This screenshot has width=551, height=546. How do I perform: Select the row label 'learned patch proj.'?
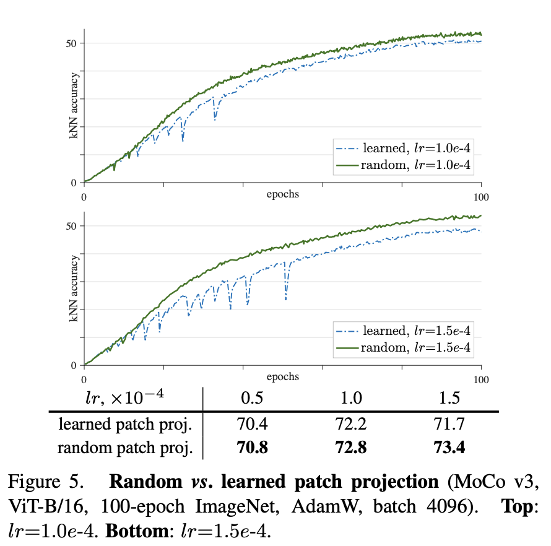[126, 425]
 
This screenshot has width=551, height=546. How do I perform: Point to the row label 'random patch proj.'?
[126, 447]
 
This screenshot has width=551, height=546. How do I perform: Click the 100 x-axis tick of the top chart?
[481, 197]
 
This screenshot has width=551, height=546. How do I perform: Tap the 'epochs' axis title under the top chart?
[282, 194]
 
